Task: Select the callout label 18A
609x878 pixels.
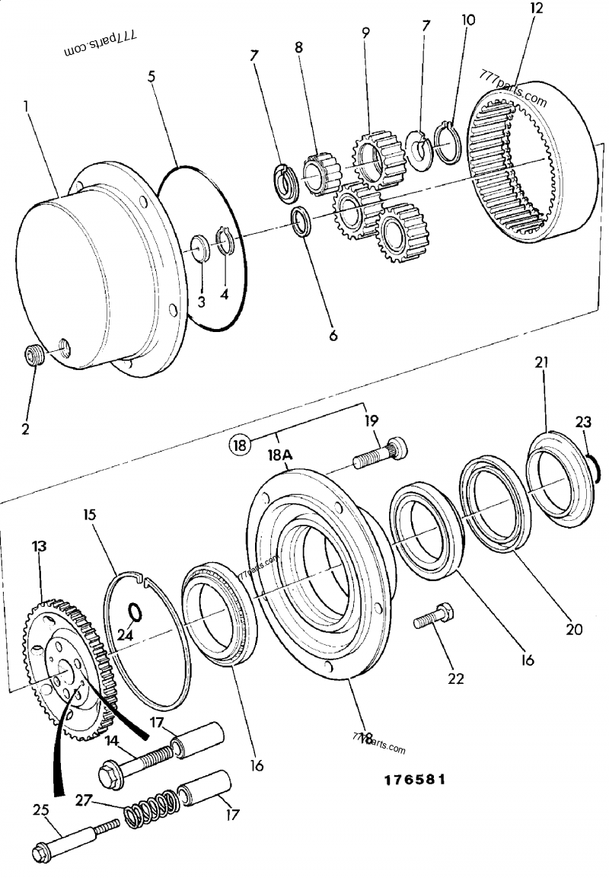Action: pyautogui.click(x=279, y=455)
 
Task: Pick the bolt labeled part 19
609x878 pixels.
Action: pyautogui.click(x=381, y=454)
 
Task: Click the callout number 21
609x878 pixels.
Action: pyautogui.click(x=541, y=363)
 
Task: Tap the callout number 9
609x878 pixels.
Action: pyautogui.click(x=365, y=33)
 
